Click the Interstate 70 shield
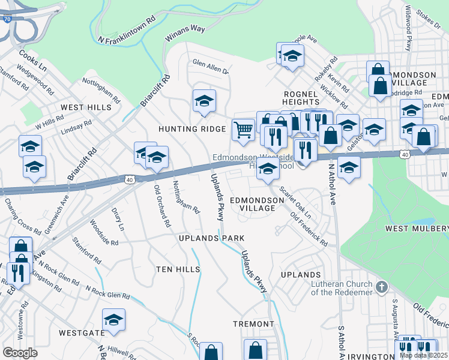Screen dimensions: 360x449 (6, 19)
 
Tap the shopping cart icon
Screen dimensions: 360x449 (243, 130)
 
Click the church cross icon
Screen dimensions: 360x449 (381, 287)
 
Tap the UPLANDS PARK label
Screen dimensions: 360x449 (212, 238)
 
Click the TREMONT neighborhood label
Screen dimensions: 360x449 (254, 324)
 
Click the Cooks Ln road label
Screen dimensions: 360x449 (32, 61)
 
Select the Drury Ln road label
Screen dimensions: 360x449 (118, 220)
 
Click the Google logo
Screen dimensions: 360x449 (20, 352)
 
